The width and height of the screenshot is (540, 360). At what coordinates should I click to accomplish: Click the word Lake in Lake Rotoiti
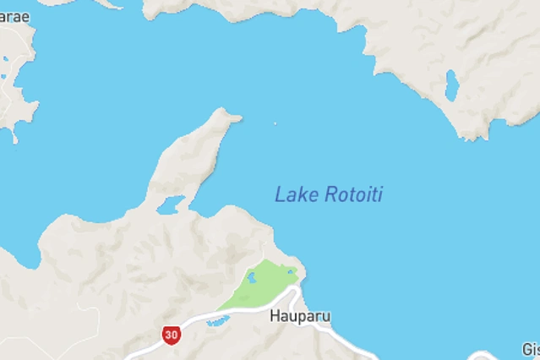pos(292,194)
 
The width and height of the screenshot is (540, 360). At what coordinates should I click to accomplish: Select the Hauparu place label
pos(300,317)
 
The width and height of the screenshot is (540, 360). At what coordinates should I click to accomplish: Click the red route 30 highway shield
pos(172,335)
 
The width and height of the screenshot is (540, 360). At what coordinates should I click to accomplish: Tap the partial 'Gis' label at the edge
pos(530,348)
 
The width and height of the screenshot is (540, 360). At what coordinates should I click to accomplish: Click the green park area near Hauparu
pos(262,286)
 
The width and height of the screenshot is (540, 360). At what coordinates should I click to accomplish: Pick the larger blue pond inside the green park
pos(251,276)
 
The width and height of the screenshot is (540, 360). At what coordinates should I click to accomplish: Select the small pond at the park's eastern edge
pos(292,272)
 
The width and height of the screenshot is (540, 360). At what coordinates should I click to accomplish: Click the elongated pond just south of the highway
pos(217,321)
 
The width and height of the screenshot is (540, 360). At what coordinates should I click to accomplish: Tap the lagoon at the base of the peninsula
pos(172,203)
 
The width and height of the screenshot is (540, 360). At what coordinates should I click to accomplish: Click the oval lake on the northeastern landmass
pos(452,85)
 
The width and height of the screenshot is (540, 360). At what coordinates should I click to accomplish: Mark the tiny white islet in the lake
pos(275,124)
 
